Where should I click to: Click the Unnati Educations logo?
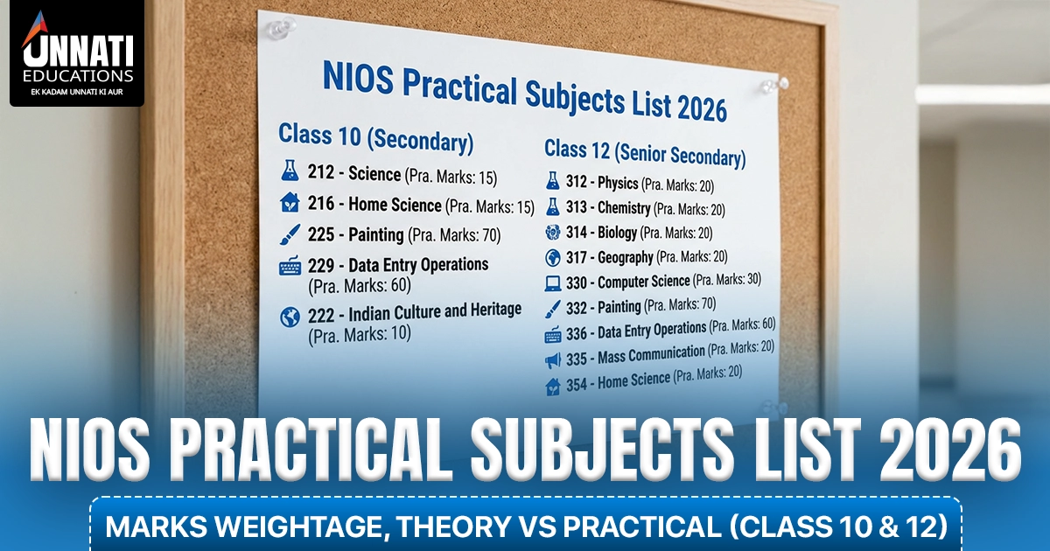coord(77,53)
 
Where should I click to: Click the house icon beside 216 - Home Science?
coord(290,202)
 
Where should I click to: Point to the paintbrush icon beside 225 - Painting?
coord(290,234)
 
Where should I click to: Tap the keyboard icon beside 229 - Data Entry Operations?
coord(290,266)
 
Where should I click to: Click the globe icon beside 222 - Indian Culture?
coord(290,317)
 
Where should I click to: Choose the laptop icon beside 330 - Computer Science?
coord(553,283)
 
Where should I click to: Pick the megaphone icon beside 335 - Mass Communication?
coord(553,360)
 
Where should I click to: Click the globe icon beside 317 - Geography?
coord(553,257)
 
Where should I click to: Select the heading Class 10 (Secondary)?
coord(376,137)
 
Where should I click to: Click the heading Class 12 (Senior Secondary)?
coord(645,154)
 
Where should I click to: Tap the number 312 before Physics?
coord(576,181)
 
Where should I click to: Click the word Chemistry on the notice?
coord(624,207)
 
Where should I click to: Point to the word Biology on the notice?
coord(618,233)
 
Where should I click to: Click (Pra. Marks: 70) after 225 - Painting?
coord(454,234)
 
